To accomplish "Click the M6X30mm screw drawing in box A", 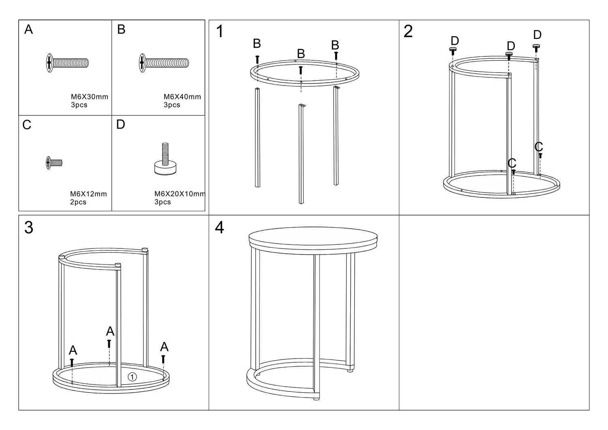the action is [x=67, y=63].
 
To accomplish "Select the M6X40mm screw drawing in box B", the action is [x=164, y=63].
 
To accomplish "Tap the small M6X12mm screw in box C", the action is [x=54, y=163].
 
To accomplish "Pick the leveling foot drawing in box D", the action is [x=165, y=159].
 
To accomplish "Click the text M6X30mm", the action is [x=90, y=97].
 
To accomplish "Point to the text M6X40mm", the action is [x=182, y=97].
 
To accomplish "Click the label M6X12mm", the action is [x=88, y=194].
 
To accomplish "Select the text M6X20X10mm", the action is [x=180, y=194].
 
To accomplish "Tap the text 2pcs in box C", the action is [x=78, y=202].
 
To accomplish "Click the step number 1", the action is [x=220, y=31].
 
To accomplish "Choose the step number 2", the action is [x=408, y=31].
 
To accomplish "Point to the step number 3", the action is [x=29, y=227].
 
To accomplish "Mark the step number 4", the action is [x=219, y=227].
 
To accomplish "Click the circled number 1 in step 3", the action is [x=132, y=377].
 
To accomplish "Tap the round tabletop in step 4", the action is [x=313, y=237].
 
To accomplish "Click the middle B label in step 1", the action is [x=301, y=54].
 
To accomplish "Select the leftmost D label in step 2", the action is [x=455, y=41].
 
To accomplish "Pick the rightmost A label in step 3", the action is [x=164, y=347].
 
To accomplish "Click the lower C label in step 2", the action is [x=512, y=163].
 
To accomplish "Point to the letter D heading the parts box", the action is [x=121, y=124].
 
